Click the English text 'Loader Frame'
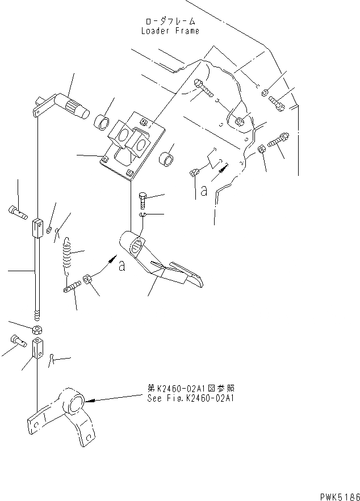(x=170, y=31)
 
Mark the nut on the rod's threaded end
(x=36, y=330)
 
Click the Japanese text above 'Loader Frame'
(x=170, y=21)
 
